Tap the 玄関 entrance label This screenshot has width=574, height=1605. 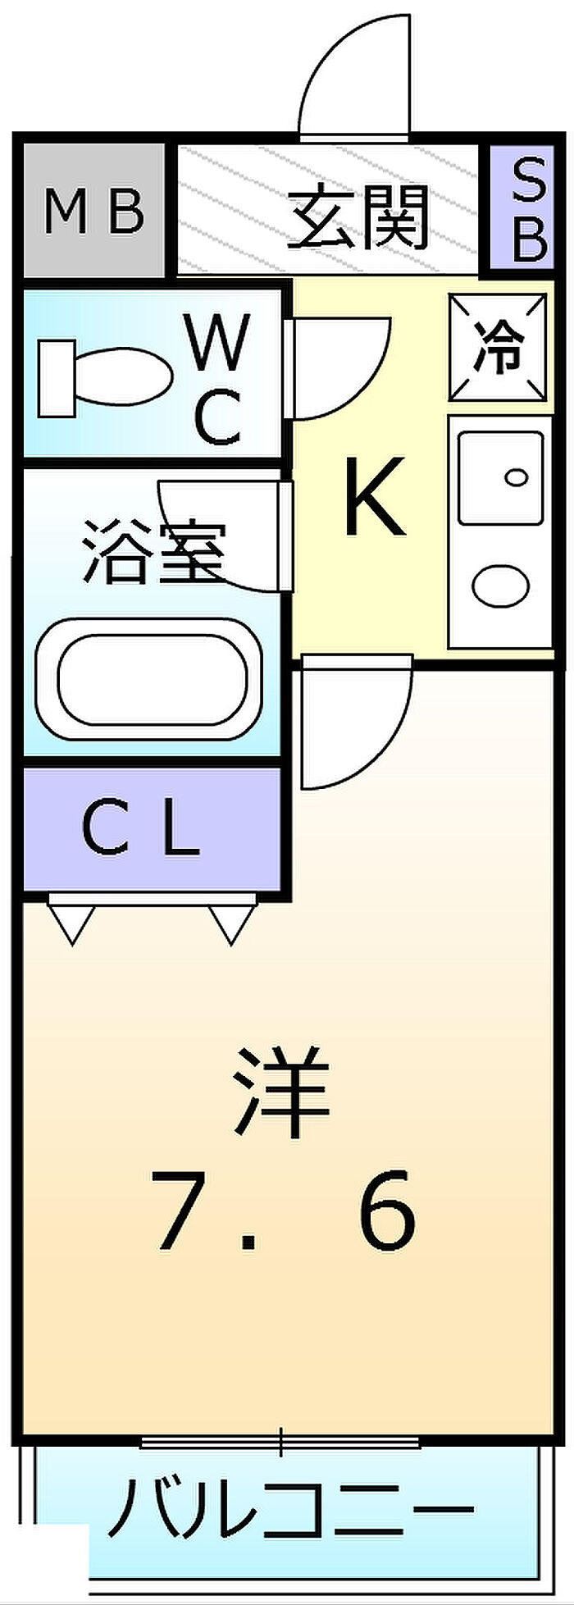point(358,217)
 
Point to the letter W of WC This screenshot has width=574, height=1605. point(217,343)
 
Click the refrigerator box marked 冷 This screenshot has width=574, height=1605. point(499,348)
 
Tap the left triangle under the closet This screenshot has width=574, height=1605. point(73,925)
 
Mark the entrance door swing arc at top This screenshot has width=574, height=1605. point(354,74)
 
